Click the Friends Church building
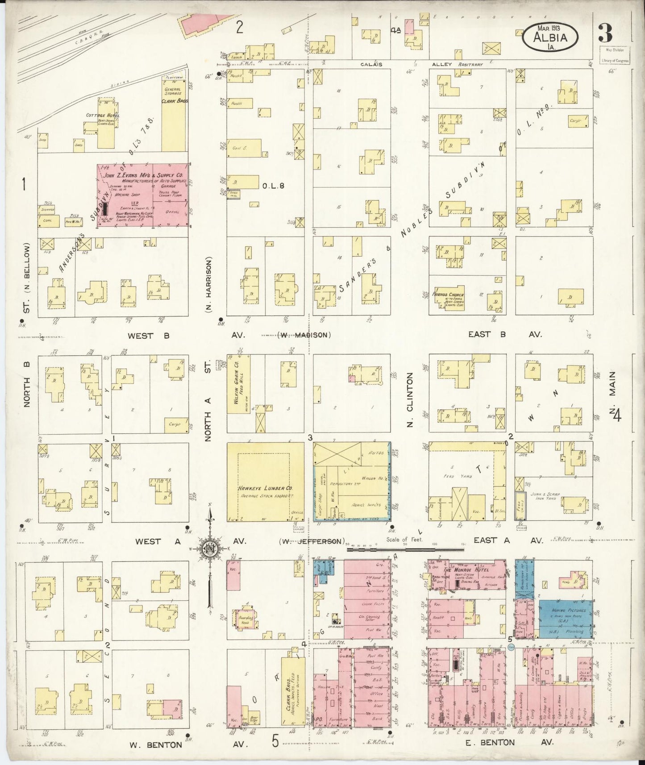[x=448, y=298]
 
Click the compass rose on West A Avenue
[x=208, y=549]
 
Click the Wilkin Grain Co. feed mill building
[x=238, y=393]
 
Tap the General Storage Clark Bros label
[x=173, y=95]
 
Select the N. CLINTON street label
[x=410, y=400]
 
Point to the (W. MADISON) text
[x=305, y=335]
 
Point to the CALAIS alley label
[x=371, y=64]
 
